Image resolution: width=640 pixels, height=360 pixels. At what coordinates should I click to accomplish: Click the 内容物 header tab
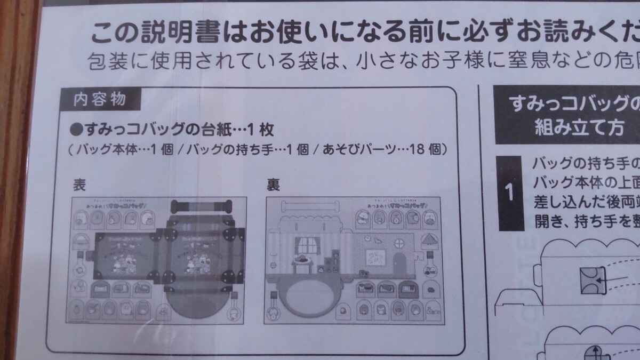coord(93,99)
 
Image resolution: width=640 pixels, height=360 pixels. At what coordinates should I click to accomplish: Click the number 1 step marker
coord(510,193)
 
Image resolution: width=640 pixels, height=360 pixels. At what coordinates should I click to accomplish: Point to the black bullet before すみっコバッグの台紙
coord(75,130)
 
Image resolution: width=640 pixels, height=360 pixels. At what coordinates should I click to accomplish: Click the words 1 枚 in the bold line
coord(259,130)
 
